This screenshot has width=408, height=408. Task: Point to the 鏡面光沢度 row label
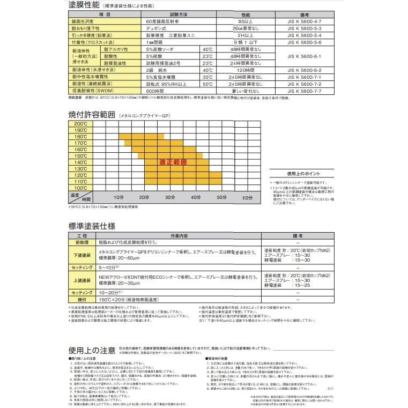[x=83, y=21]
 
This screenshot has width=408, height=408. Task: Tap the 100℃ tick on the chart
[x=80, y=188]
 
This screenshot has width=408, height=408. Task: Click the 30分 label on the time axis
[x=170, y=198]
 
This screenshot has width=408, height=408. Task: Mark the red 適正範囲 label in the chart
[x=173, y=162]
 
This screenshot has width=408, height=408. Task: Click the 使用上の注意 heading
[x=92, y=350]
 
